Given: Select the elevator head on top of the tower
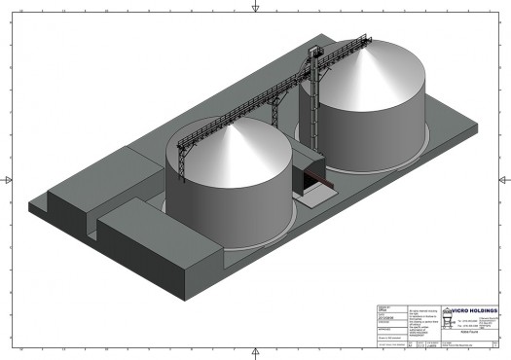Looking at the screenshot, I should (x=312, y=51).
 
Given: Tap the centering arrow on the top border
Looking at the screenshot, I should (x=255, y=7).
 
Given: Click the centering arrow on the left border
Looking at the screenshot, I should (x=8, y=179).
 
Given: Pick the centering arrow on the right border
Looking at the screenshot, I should (x=503, y=179).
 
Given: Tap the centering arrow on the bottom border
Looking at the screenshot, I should (x=255, y=352).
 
